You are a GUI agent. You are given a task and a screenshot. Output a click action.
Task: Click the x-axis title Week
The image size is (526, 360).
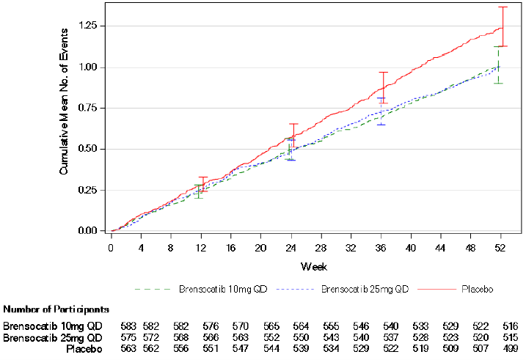[307, 265]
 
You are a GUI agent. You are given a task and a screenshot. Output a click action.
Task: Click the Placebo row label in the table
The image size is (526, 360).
[82, 348]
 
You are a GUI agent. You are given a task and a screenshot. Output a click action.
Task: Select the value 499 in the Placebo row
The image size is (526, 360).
[510, 348]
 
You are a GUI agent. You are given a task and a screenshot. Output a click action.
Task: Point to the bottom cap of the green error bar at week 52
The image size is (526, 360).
[498, 83]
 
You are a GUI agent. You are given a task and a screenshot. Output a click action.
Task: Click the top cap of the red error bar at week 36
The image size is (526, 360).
[383, 73]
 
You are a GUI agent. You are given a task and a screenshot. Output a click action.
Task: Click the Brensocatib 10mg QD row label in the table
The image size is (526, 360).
[53, 326]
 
